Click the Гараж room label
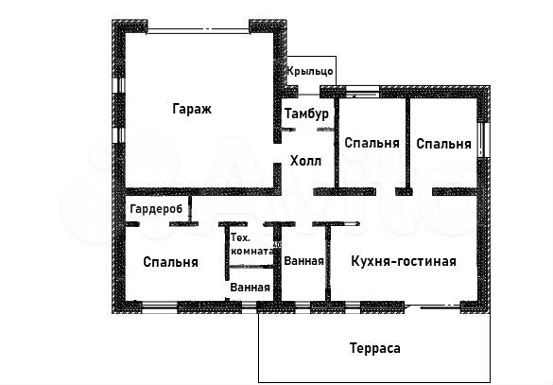pyautogui.click(x=192, y=109)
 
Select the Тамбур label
pyautogui.click(x=306, y=114)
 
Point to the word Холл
pyautogui.click(x=305, y=161)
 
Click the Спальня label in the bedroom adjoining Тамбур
pyautogui.click(x=372, y=144)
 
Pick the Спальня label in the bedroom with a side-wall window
pyautogui.click(x=442, y=144)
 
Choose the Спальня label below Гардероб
pyautogui.click(x=170, y=262)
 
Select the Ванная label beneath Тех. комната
pyautogui.click(x=251, y=287)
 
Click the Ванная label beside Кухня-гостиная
pyautogui.click(x=303, y=261)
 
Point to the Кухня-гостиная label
pyautogui.click(x=403, y=261)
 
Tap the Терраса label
pyautogui.click(x=374, y=348)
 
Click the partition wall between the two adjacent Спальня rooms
pyautogui.click(x=407, y=142)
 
